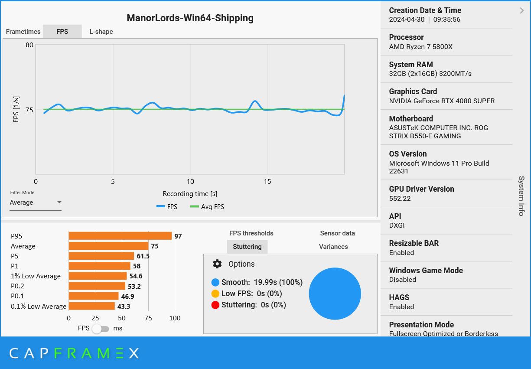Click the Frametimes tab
[x=23, y=32]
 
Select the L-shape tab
[x=101, y=32]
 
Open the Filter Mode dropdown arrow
[x=59, y=202]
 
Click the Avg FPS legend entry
[x=208, y=207]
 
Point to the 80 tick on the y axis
[x=29, y=45]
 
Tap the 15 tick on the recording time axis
[x=267, y=182]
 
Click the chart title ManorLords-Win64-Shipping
[x=190, y=18]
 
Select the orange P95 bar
[x=120, y=236]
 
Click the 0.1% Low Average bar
[x=91, y=306]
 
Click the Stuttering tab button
[x=247, y=247]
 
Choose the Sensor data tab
[x=337, y=233]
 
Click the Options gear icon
[x=217, y=264]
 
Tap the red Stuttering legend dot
[x=215, y=305]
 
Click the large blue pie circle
[x=335, y=294]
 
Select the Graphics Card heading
[x=413, y=91]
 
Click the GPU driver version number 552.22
[x=400, y=199]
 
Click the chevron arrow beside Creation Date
[x=521, y=11]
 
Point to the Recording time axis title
[x=190, y=194]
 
